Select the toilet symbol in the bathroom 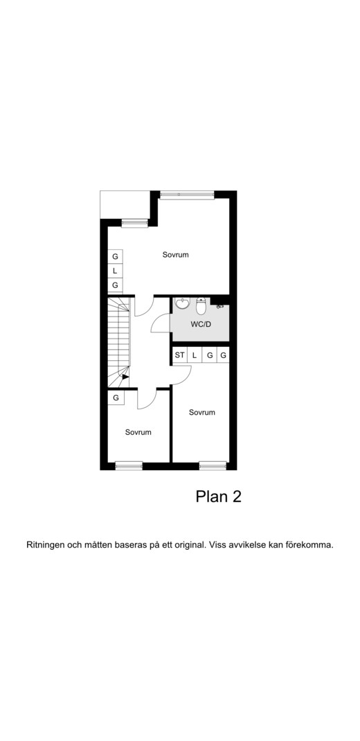coord(201,306)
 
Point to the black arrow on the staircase coord(125,377)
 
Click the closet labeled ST coord(179,355)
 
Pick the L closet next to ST coord(194,355)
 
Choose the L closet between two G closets coord(115,271)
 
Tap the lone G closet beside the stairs coord(116,398)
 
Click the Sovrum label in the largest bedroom coord(176,255)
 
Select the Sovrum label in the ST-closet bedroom coord(201,412)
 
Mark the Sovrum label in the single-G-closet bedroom coord(138,432)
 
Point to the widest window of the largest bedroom coord(187,194)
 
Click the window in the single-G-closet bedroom coord(129,466)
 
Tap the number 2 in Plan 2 coord(236,497)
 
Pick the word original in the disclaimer coord(189,545)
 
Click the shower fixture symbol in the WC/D coord(219,306)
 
